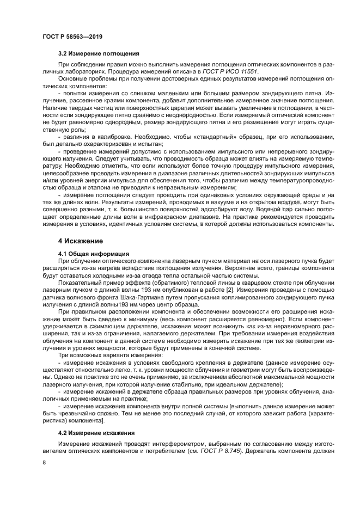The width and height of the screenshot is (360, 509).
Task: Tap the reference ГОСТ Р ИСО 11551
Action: click(x=235, y=71)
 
